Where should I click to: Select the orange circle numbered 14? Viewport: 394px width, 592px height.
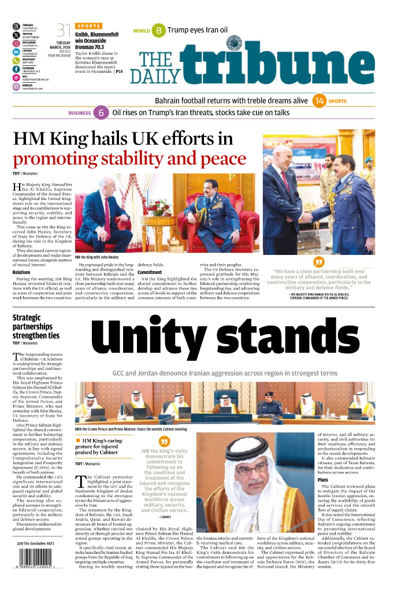pos(319,101)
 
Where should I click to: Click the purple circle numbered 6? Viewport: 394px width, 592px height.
pos(102,113)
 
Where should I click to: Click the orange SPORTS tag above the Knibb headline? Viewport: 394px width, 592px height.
pos(88,26)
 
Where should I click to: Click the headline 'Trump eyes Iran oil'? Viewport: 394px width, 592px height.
pos(197,30)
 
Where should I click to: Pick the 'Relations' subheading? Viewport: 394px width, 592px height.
pos(21,272)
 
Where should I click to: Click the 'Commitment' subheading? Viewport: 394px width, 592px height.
pos(150,272)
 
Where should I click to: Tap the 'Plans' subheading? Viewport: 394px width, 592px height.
pos(323,480)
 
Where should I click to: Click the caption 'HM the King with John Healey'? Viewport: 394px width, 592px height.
pos(98,256)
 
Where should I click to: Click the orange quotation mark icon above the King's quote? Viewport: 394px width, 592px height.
pos(318,262)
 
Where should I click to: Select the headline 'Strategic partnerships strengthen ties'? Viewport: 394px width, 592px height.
pos(36,326)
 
